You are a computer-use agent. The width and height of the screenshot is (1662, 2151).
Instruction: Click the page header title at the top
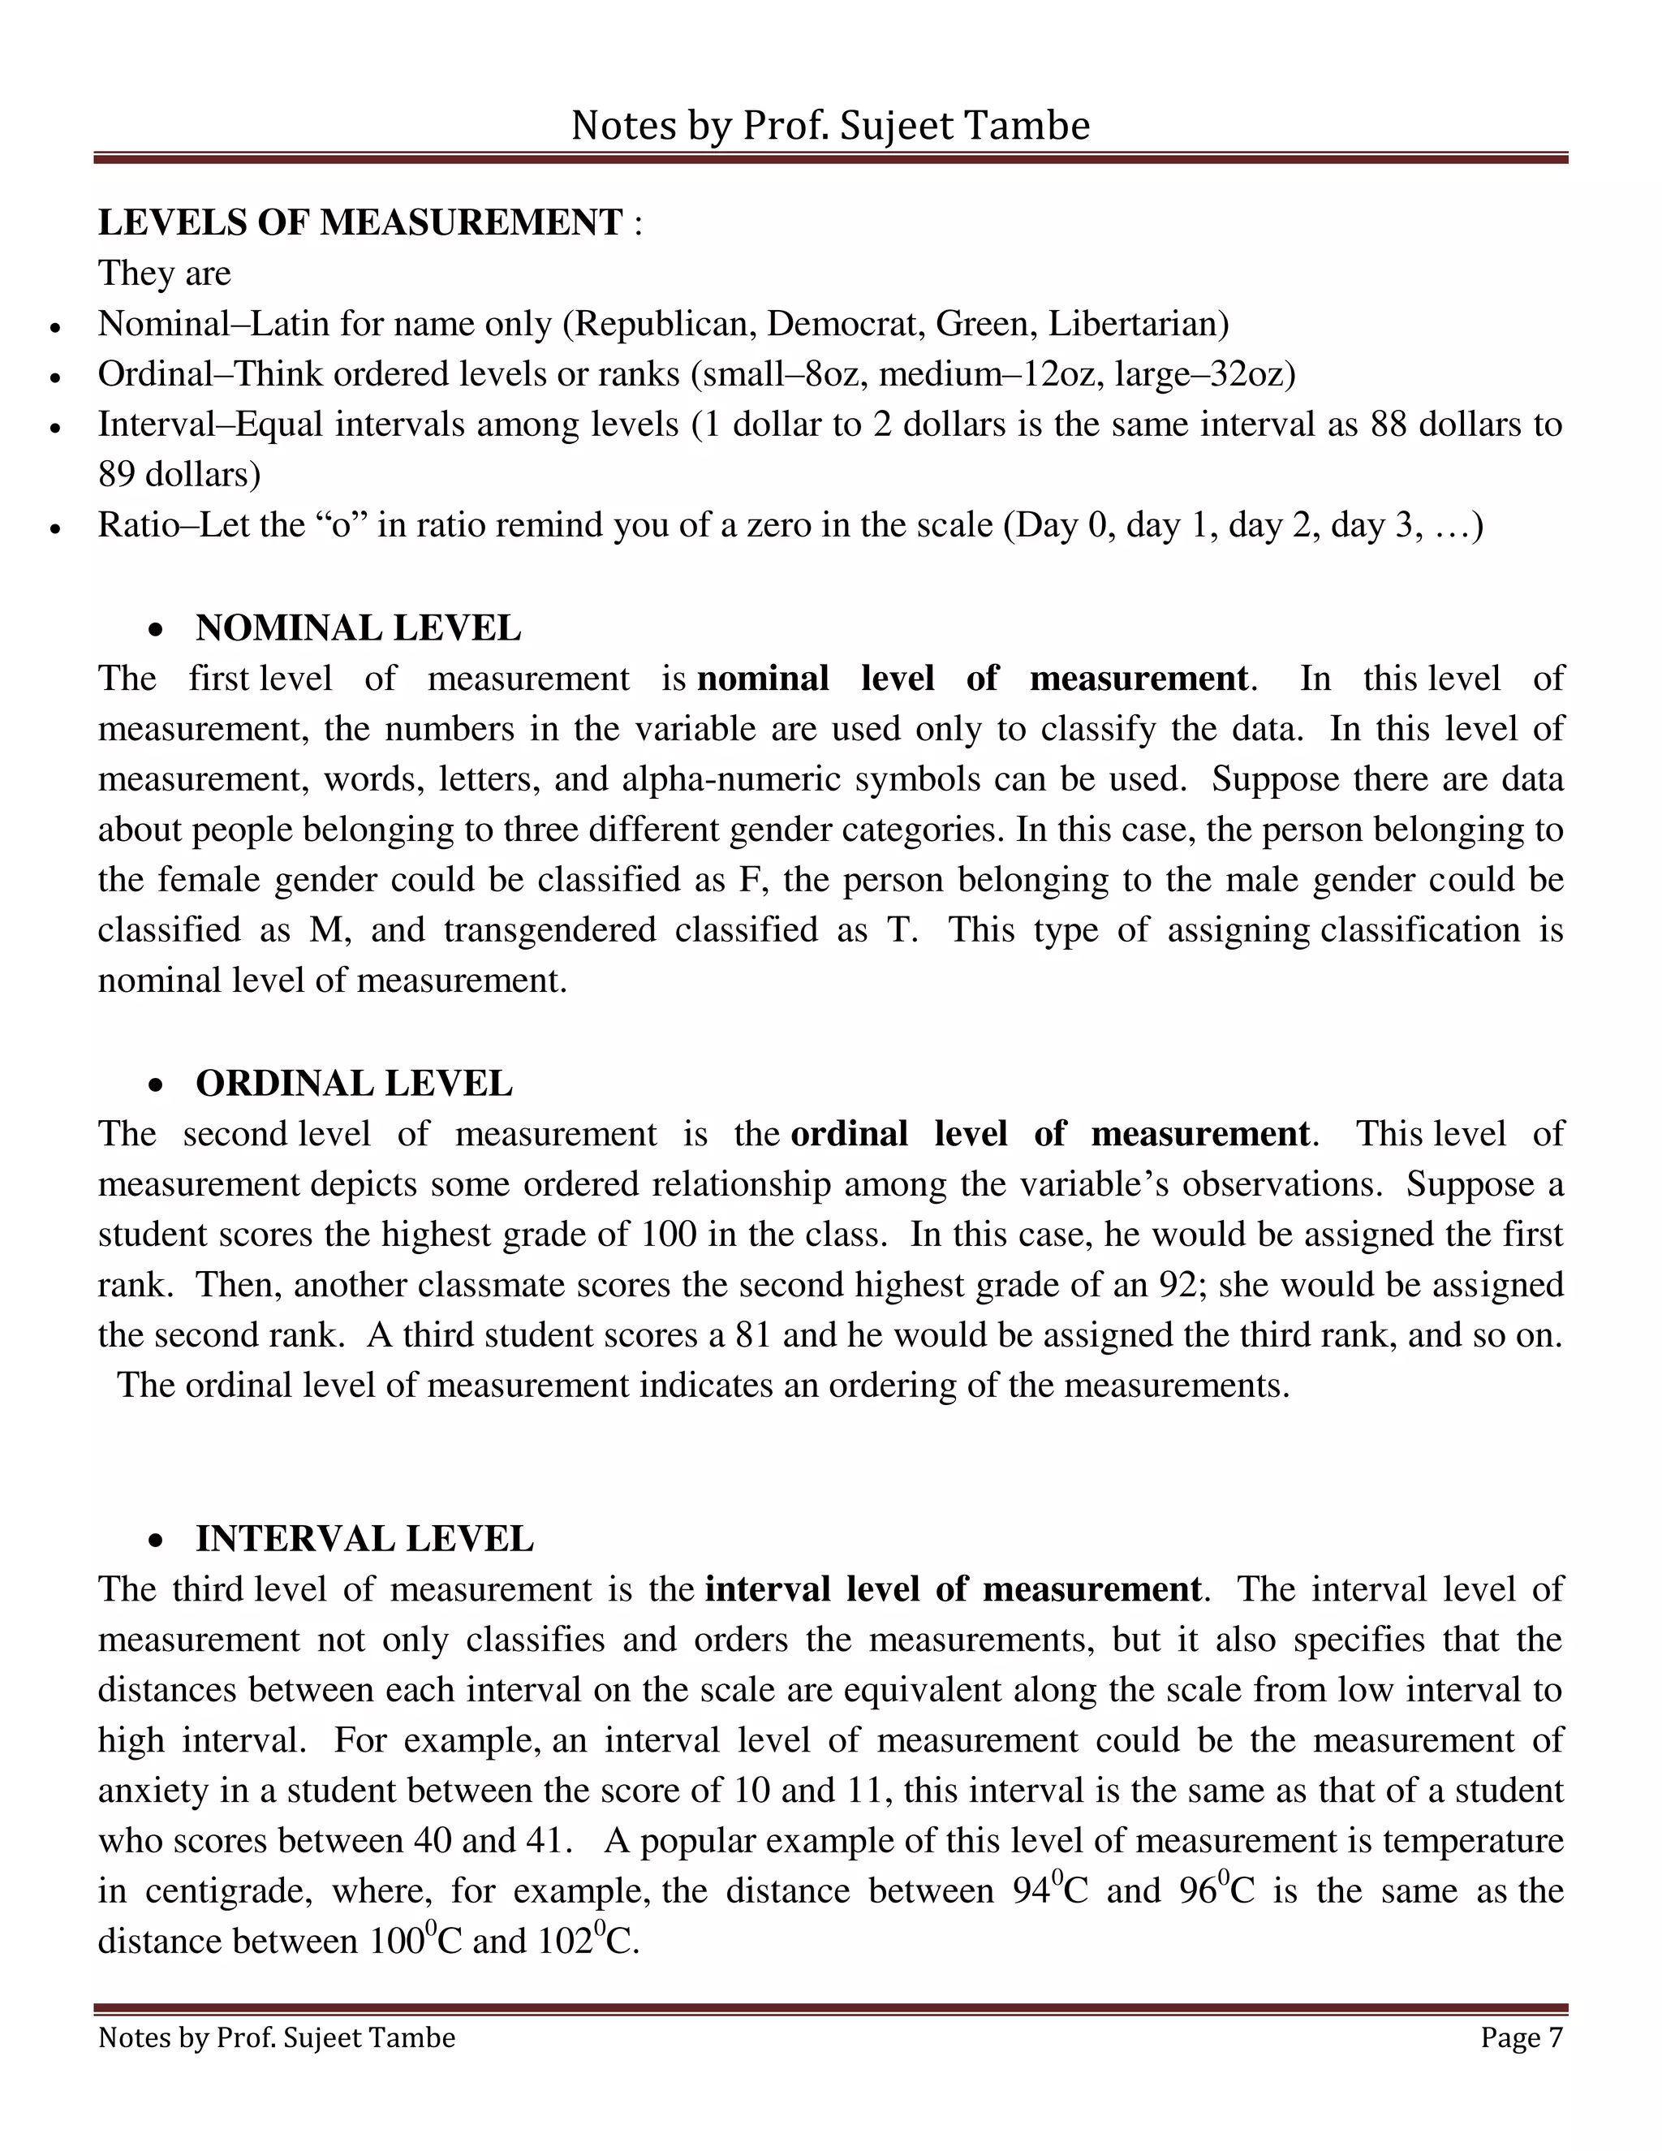pos(830,126)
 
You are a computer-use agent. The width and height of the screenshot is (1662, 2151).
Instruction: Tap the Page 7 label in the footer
pos(1522,2037)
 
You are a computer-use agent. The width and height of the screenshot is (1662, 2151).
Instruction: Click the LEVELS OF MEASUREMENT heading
pos(360,222)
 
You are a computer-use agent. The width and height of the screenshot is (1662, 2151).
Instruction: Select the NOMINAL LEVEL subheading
pos(359,628)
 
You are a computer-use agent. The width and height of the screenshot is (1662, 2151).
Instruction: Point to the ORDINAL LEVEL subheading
pos(354,1084)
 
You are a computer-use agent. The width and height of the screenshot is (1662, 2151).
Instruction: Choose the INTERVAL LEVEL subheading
pos(364,1538)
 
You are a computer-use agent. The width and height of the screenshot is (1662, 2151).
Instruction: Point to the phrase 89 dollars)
pos(179,475)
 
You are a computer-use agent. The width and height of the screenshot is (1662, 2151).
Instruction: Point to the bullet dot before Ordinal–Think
pos(56,377)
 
